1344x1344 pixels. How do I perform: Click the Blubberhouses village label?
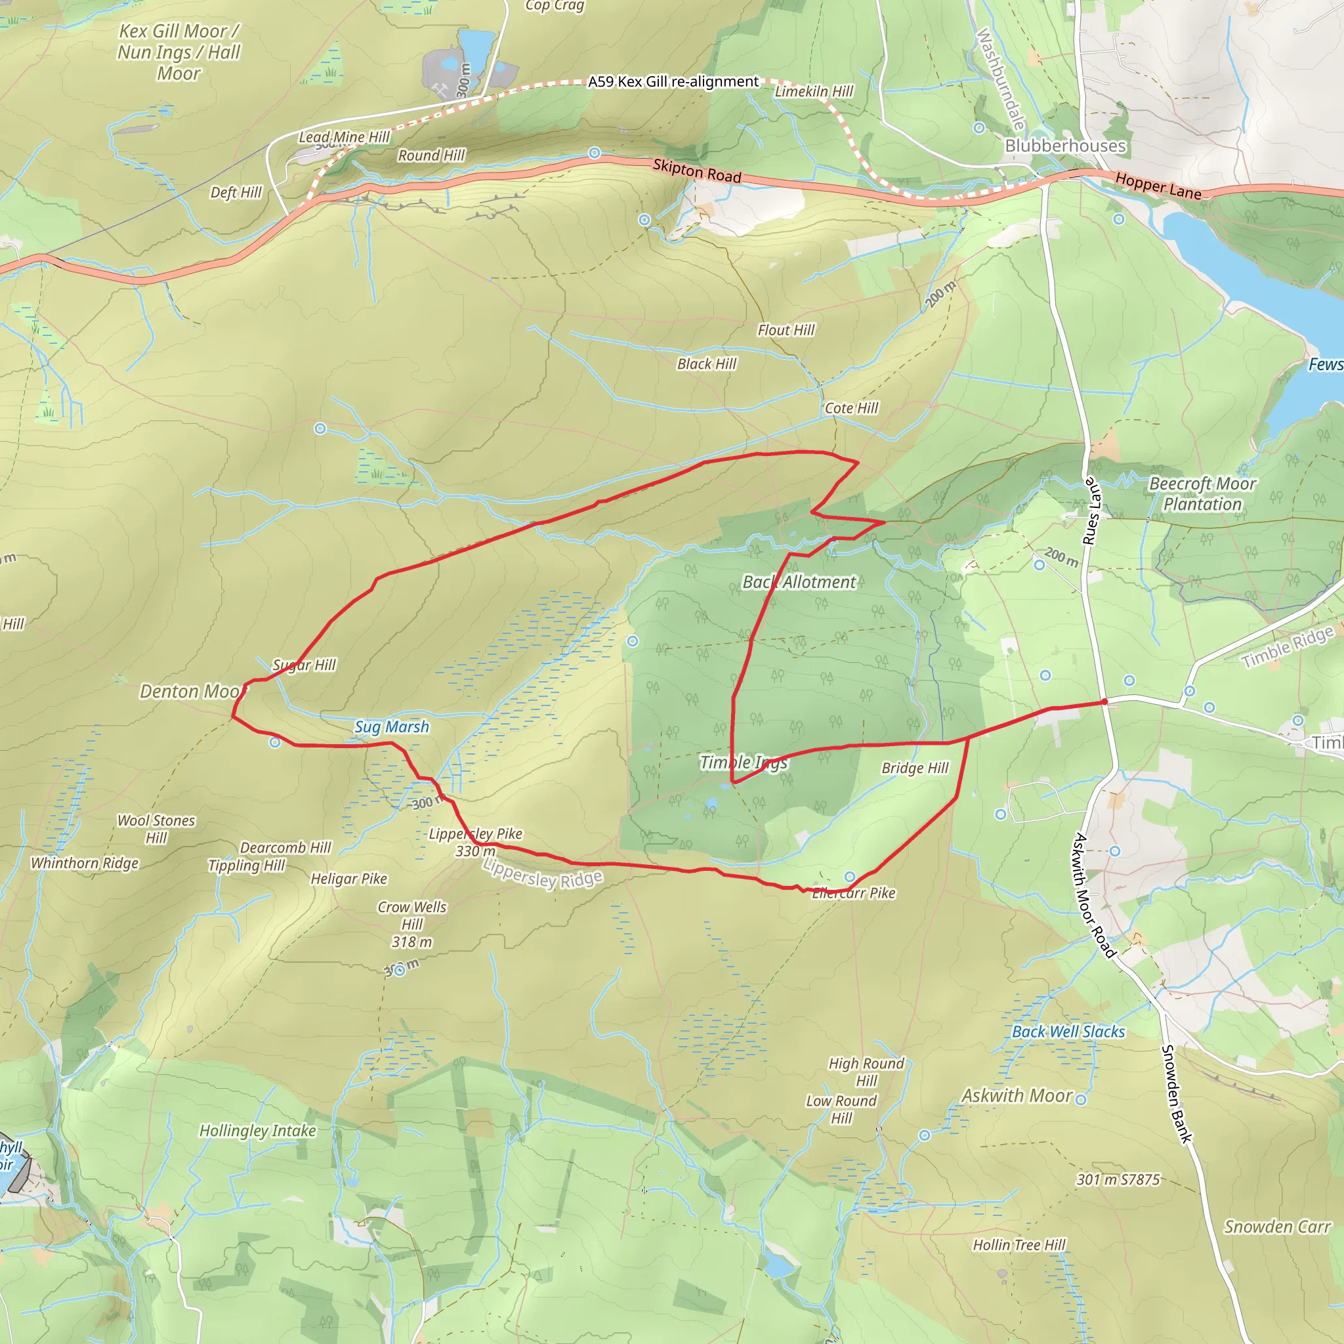point(1065,146)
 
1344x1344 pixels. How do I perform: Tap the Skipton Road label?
point(696,171)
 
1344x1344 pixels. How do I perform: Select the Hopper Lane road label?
point(1158,186)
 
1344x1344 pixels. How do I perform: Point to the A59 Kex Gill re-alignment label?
point(673,81)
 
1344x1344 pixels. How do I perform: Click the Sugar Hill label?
point(304,665)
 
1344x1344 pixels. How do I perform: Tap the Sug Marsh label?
point(392,727)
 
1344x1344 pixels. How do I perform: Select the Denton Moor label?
point(192,692)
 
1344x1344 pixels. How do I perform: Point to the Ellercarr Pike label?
point(854,893)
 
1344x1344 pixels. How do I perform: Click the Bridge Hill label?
point(915,768)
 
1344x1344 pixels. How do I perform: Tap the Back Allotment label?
point(799,582)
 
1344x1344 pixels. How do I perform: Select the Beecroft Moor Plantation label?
point(1202,494)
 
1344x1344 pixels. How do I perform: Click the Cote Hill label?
point(850,408)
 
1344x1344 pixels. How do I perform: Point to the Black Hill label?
point(706,364)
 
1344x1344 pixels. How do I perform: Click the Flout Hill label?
point(786,331)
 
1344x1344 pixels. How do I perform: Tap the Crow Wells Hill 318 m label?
point(412,925)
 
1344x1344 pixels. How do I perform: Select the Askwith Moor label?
point(1017,1097)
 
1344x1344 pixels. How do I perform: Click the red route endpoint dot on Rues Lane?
point(1104,702)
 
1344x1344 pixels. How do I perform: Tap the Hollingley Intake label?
point(257,1131)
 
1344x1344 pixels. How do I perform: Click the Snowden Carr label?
point(1276,1227)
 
